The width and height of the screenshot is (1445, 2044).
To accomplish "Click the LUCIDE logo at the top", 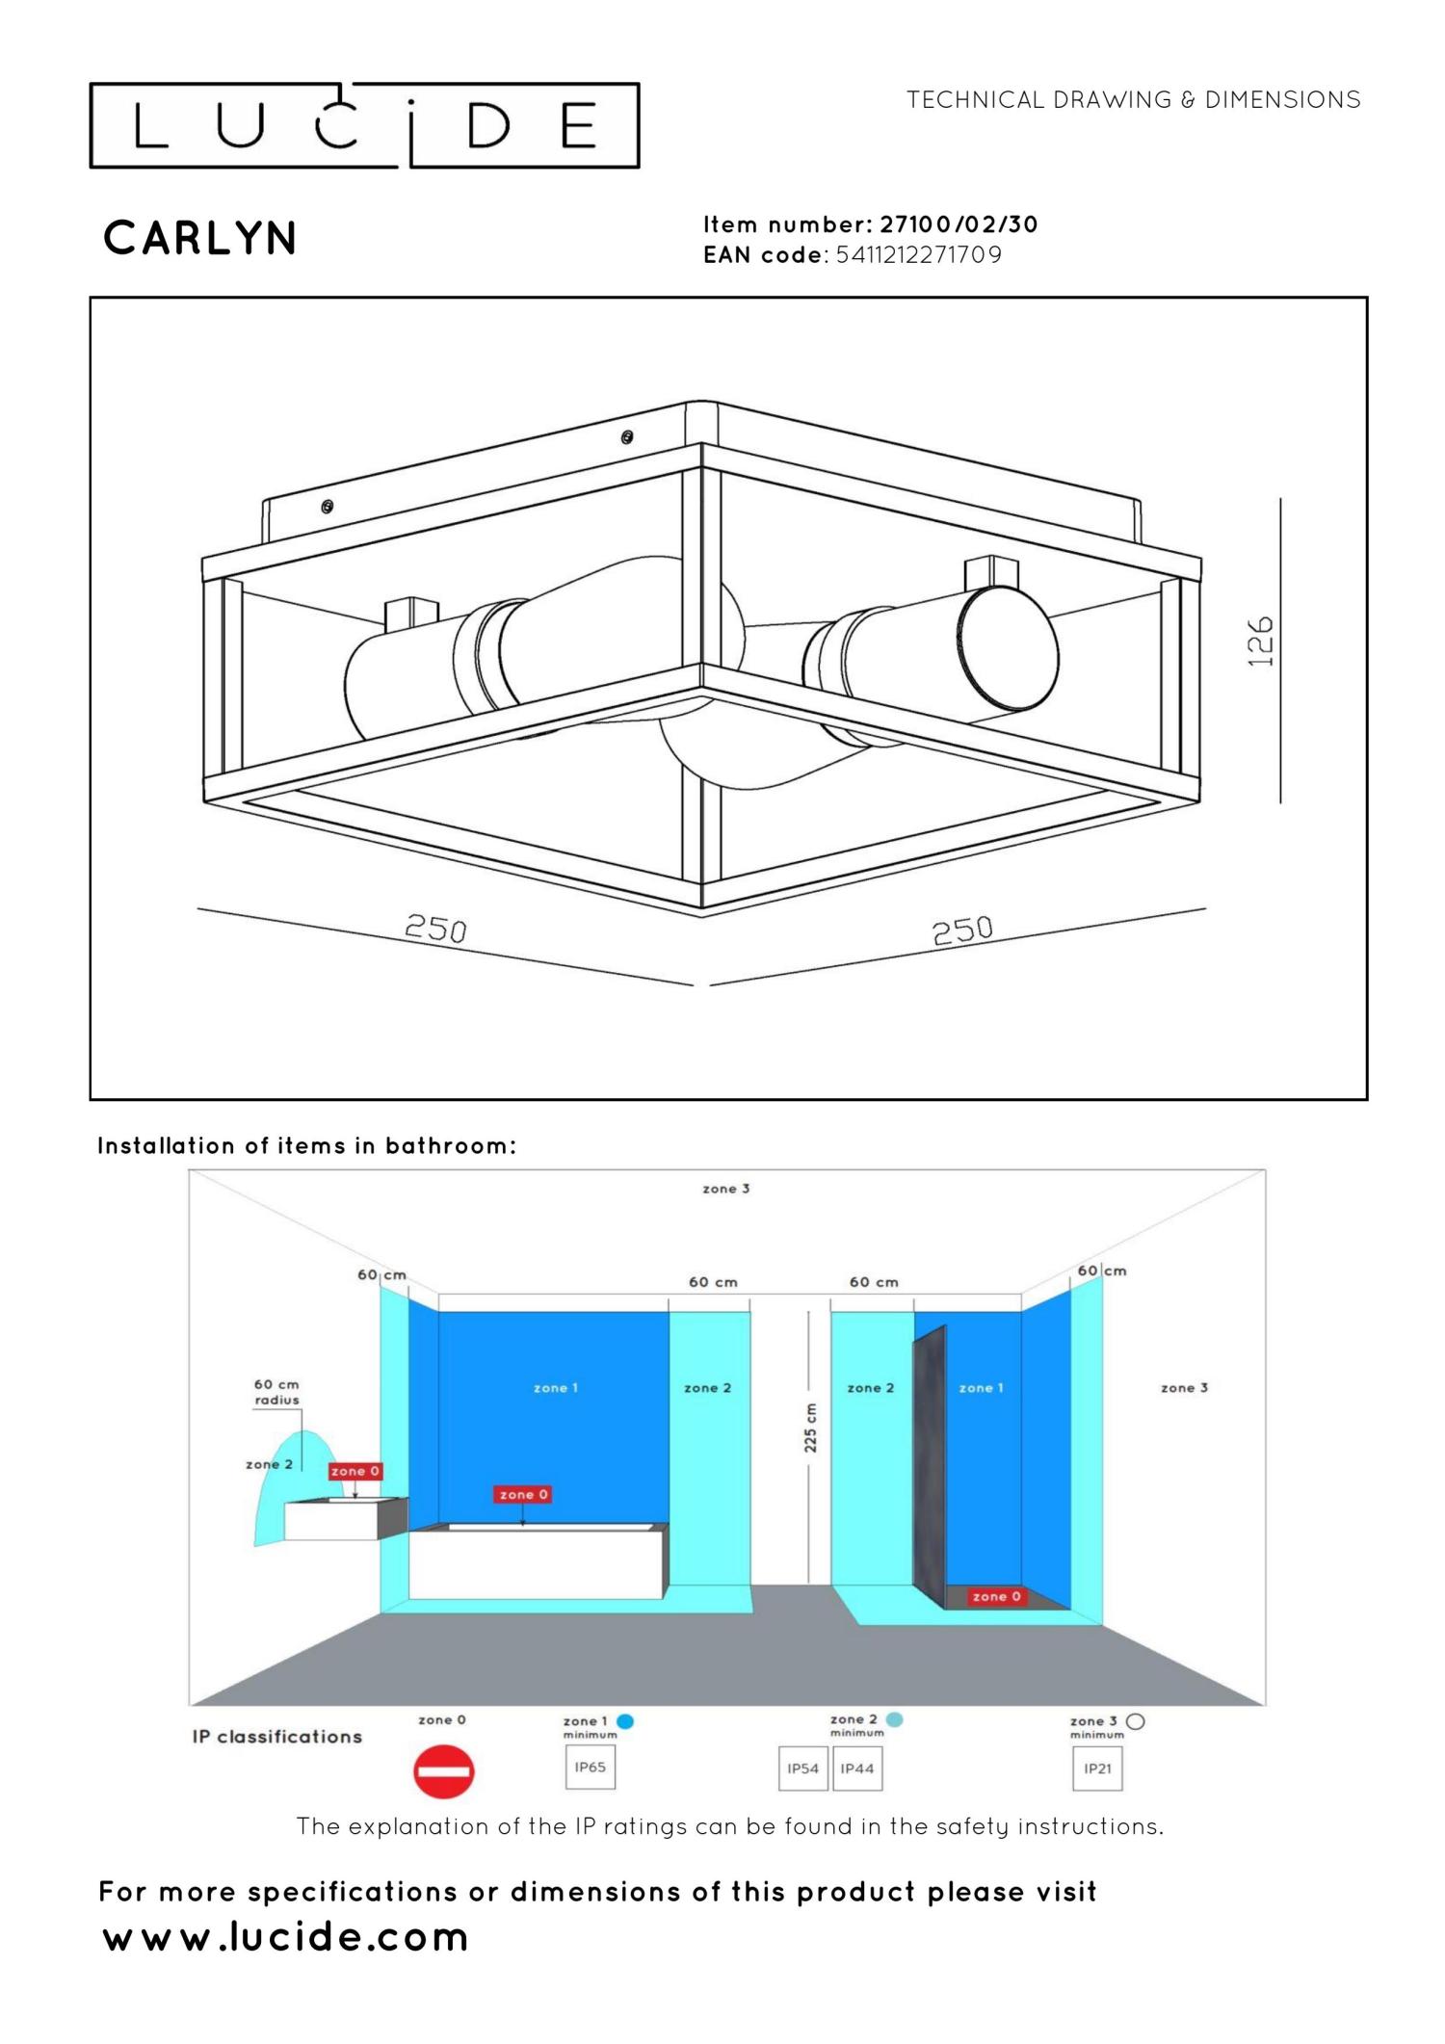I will (364, 125).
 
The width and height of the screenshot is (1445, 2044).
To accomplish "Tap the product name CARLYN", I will (200, 238).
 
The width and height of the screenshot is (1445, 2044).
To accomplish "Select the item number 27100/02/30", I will (959, 224).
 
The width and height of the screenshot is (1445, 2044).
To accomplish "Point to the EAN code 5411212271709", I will (919, 255).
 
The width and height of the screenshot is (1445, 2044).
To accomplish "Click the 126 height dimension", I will (1260, 642).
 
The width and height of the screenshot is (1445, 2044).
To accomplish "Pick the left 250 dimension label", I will (435, 929).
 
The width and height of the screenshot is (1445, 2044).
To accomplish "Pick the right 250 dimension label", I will (962, 930).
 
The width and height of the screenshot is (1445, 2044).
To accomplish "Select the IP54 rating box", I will (802, 1769).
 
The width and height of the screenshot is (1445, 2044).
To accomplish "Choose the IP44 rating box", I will (857, 1769).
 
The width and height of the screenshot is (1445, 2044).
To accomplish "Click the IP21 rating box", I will (1097, 1769).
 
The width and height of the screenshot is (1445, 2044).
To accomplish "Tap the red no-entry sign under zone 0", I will (444, 1770).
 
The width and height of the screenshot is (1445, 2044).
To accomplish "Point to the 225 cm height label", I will (810, 1427).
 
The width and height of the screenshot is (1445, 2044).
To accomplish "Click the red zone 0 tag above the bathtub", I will (523, 1494).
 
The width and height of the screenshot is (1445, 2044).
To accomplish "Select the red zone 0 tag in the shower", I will (996, 1596).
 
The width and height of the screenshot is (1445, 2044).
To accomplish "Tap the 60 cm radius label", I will (276, 1392).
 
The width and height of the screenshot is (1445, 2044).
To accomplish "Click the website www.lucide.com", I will (285, 1936).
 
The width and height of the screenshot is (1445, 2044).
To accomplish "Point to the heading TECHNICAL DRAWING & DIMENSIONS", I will (1133, 100).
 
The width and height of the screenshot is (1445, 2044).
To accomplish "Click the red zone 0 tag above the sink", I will (355, 1471).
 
